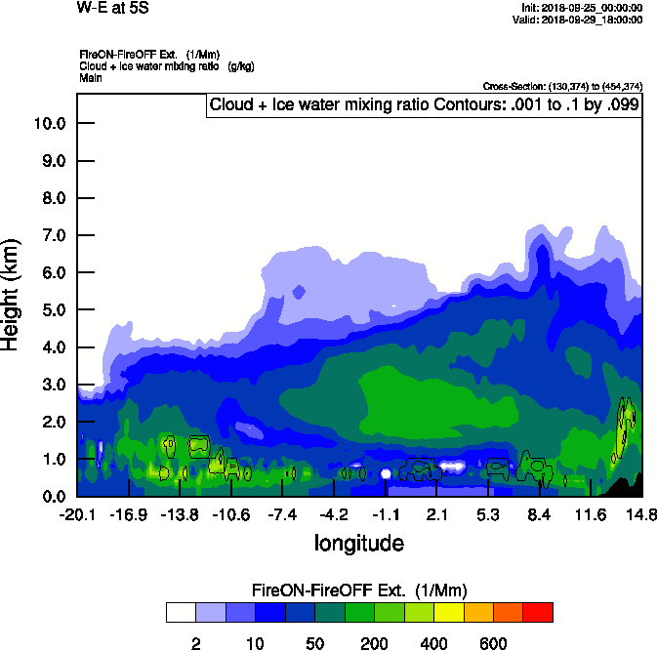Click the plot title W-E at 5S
112,9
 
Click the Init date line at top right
583,8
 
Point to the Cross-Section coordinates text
562,86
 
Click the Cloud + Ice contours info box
423,104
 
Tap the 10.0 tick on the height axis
49,123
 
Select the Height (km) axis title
12,294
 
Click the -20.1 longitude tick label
76,514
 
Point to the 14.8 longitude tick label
641,514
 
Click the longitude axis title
358,542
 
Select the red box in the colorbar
538,612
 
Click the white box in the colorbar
180,612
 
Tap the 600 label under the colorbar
493,643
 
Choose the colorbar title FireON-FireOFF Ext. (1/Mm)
359,590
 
